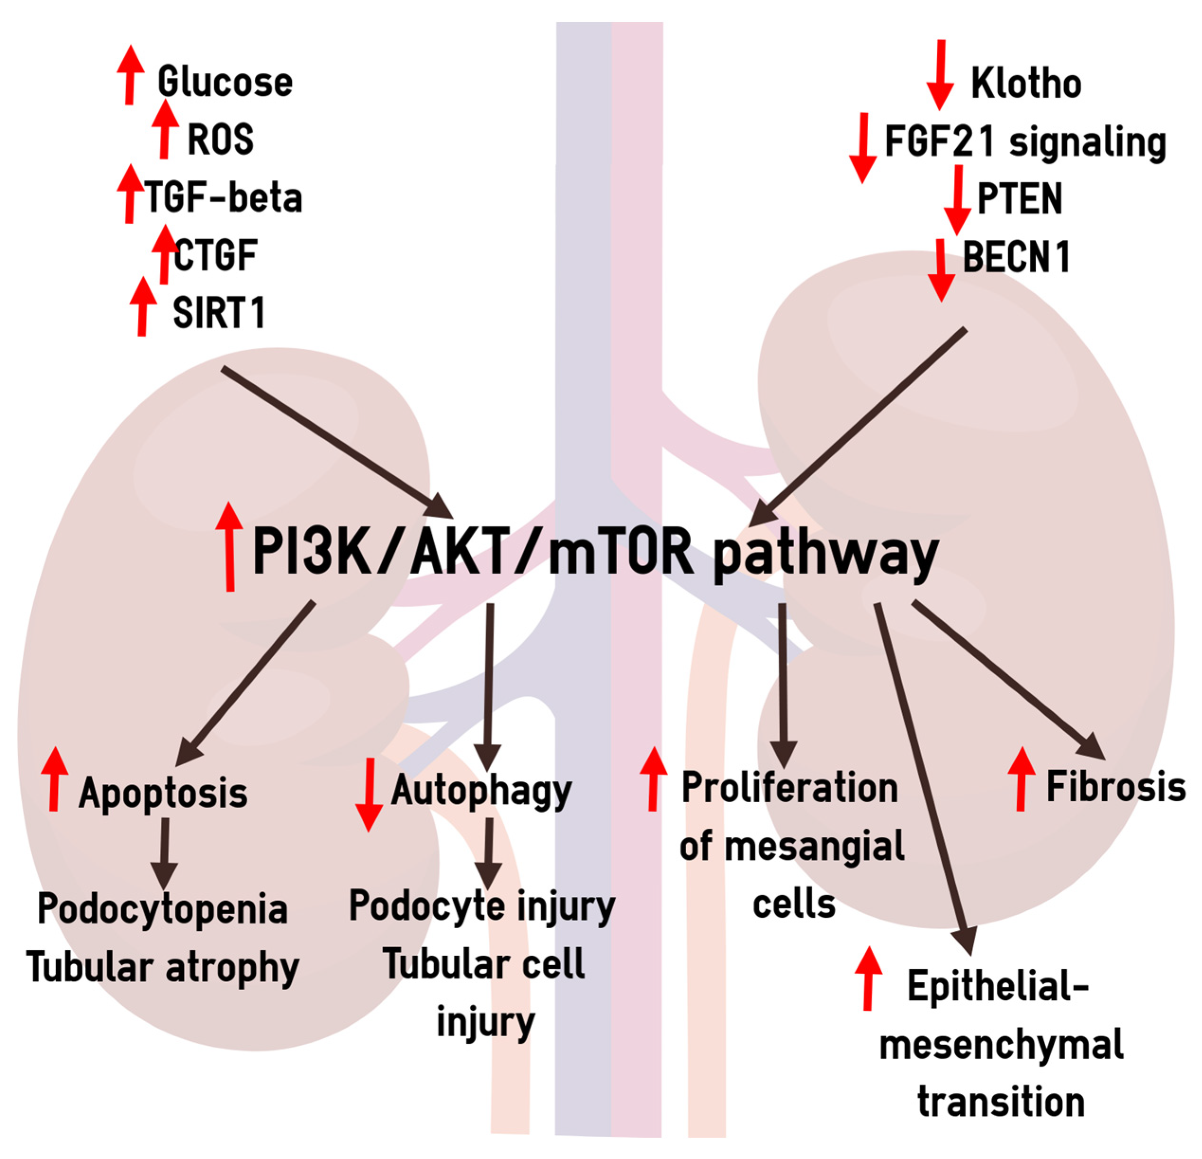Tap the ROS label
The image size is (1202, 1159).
[220, 139]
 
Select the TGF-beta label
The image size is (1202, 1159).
[223, 197]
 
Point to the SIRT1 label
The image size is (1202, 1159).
[219, 312]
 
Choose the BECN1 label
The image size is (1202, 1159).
[1016, 256]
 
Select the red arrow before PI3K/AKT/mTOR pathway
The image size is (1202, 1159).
[229, 546]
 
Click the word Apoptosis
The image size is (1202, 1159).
[163, 792]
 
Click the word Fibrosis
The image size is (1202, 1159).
[1115, 787]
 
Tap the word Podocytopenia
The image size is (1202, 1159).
[162, 909]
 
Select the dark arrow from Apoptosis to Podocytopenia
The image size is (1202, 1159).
[164, 853]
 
